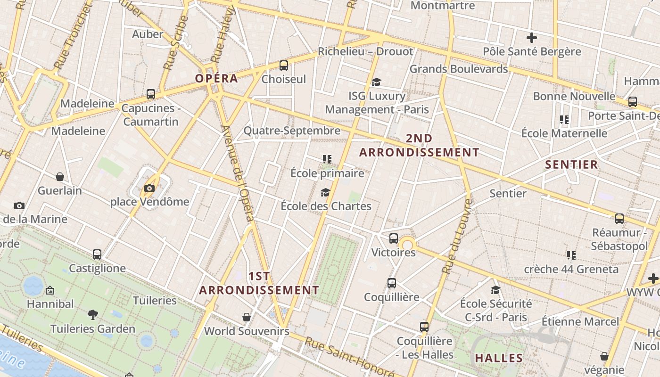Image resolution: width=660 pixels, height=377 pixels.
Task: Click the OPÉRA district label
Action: coord(217,78)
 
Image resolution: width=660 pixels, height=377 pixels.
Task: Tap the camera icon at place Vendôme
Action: coord(149,188)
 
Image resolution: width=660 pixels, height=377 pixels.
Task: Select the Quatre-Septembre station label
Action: coord(292,131)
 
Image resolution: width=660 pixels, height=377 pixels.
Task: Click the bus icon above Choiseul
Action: coord(284,66)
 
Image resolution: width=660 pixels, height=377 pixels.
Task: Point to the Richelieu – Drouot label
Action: coord(365,51)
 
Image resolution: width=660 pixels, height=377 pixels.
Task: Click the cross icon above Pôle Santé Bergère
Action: coord(532,38)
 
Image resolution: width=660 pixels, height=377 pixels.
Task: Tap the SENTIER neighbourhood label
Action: coord(571,164)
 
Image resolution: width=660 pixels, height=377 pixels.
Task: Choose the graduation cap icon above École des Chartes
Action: coord(325,192)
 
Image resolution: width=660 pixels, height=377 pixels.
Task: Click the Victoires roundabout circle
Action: coord(407,245)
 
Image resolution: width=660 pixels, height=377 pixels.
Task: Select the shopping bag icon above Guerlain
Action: coord(60,177)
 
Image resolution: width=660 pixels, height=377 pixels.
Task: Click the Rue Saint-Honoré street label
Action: coord(349,357)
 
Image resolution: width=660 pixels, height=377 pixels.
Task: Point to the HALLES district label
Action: coord(499,358)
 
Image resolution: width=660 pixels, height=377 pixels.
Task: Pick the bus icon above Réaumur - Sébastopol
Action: coord(619,219)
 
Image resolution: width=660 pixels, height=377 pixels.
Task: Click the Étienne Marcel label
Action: coord(580,322)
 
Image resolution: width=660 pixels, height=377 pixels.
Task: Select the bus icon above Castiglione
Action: coord(97,254)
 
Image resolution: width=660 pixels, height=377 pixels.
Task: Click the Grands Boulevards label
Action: coord(458,69)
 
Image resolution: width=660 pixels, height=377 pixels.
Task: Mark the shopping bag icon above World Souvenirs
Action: coord(246,317)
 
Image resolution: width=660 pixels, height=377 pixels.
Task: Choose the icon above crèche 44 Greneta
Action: coord(571,255)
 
